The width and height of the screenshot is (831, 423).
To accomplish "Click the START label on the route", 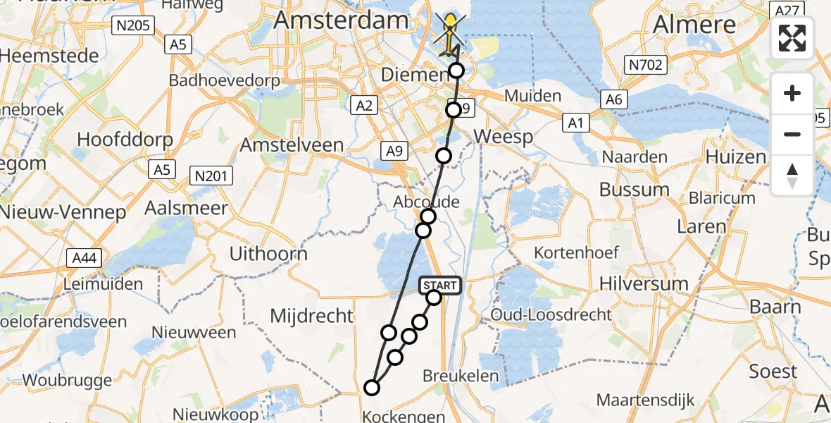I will coord(441,286).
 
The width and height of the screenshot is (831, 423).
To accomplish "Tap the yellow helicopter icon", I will coord(449,31).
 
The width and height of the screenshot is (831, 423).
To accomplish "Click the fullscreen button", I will coord(792,38).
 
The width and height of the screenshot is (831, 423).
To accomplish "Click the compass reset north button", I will coord(792,175).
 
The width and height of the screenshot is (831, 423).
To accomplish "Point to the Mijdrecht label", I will coord(312,316).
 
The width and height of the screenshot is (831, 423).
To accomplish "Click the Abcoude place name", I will coord(426,202).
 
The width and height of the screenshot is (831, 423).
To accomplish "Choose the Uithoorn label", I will coord(269,254).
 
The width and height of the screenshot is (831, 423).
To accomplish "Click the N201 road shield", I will coord(211,176).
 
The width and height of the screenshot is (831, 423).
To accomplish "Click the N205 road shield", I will coord(132,26).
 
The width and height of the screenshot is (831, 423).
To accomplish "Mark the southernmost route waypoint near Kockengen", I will coord(371,387).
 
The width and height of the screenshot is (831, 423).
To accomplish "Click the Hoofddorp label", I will coord(125,139).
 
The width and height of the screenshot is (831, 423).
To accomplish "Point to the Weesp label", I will coord(504,136).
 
